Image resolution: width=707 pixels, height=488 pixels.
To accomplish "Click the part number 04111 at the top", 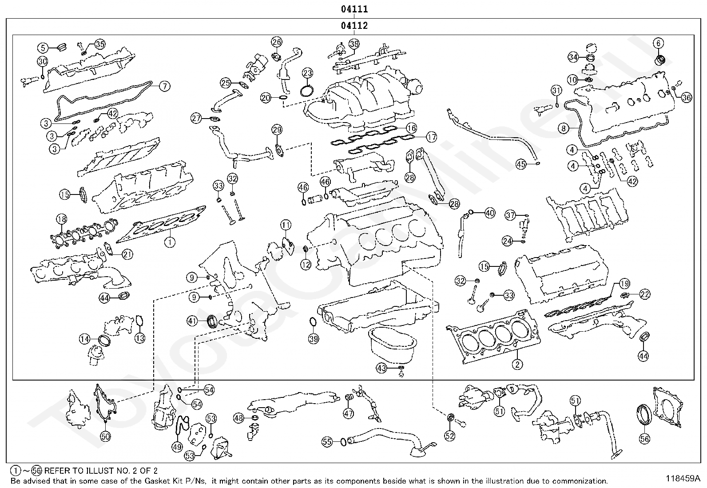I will point(354,9).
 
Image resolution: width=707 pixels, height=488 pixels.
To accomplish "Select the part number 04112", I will point(354,26).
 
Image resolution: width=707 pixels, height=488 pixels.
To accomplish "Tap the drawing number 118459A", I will point(683,479).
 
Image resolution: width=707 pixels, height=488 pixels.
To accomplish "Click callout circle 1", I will point(170,242).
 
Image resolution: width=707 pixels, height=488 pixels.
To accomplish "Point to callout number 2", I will point(517,365).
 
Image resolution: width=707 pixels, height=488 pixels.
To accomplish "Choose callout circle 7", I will point(164,86).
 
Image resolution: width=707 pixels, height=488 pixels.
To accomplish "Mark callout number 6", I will point(658,43).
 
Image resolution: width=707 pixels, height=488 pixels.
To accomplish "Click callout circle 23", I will point(308,73).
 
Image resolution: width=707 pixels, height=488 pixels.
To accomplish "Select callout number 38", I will point(354,44).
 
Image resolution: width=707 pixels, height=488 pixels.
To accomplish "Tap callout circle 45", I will point(521,164).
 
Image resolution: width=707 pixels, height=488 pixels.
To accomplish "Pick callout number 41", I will point(192,321).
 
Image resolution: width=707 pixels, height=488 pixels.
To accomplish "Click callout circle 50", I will point(105,436).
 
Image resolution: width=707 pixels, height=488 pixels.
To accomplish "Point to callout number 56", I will point(644,439).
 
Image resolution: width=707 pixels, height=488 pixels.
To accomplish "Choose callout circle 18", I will point(61,219).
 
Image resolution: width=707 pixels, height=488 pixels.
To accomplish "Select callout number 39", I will point(314,339).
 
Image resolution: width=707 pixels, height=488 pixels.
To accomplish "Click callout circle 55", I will point(327,441).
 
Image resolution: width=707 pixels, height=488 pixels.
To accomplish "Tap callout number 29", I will point(277,130).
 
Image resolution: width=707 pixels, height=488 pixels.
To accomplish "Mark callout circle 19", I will point(624,283).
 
